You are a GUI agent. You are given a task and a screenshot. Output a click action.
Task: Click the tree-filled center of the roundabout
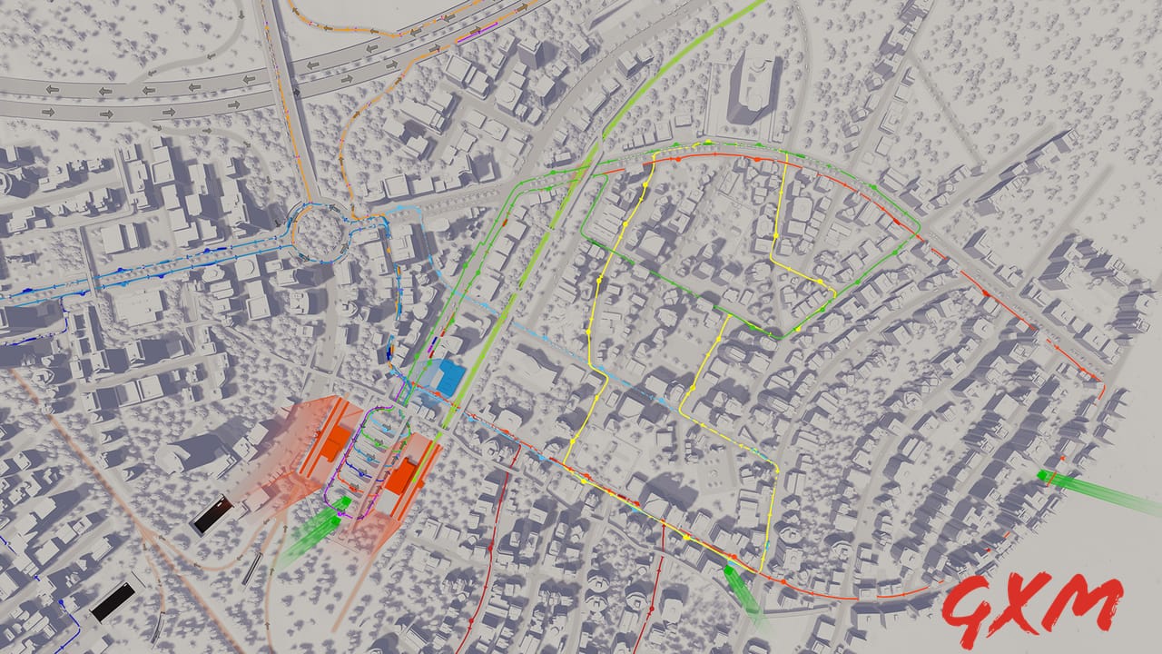pyautogui.click(x=320, y=231)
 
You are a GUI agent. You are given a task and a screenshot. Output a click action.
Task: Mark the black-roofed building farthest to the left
pyautogui.click(x=113, y=601)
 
